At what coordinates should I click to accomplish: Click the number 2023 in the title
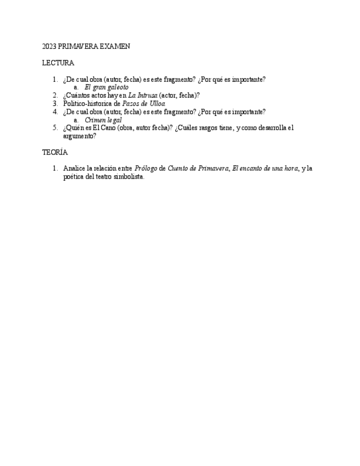[49, 47]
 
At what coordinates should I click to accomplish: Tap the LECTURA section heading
[58, 63]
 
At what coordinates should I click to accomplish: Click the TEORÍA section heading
[55, 152]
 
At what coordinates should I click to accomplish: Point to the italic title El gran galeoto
[107, 87]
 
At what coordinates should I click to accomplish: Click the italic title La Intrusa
[143, 95]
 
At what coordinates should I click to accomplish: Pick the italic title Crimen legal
[103, 120]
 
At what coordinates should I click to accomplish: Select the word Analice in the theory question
[74, 169]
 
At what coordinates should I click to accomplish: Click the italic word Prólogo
[146, 169]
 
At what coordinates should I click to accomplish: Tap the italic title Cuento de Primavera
[198, 169]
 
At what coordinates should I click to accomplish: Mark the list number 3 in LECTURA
[55, 103]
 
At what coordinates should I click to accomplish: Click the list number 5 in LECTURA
[55, 128]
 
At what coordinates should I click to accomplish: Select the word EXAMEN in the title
[115, 47]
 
